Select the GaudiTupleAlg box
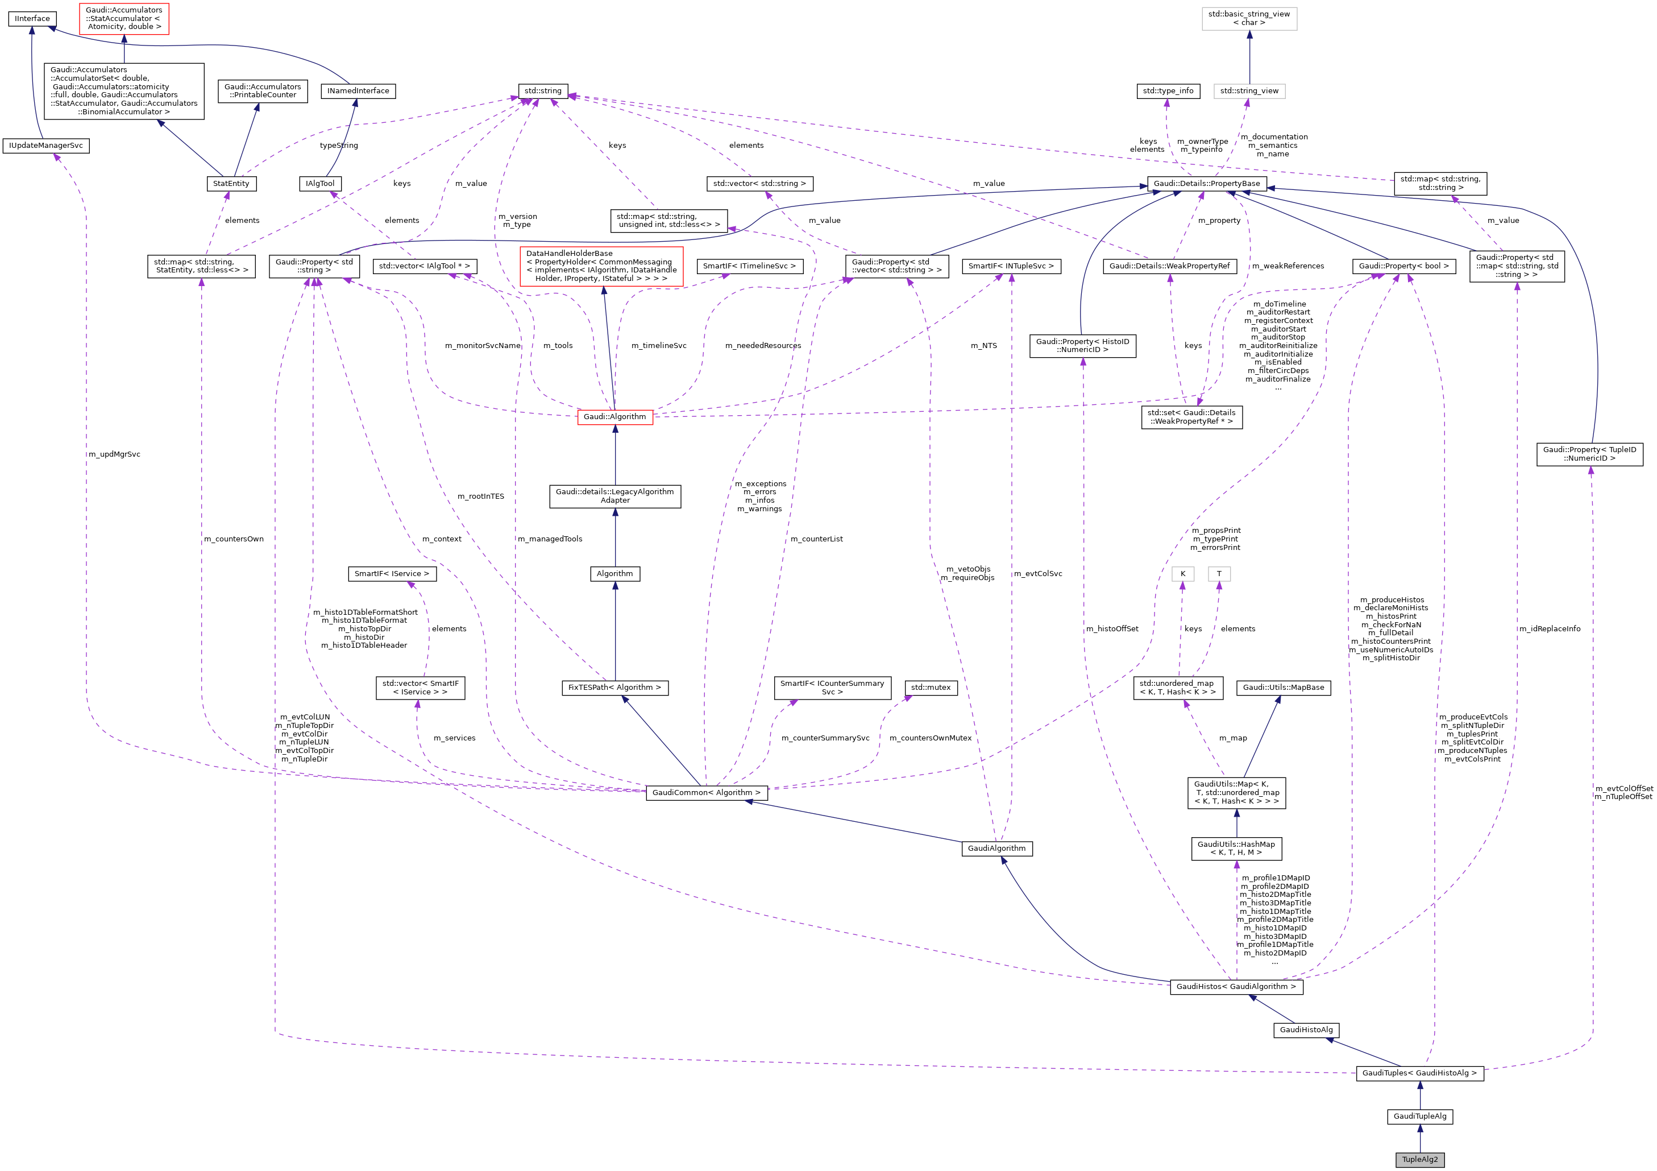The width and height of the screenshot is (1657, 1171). [x=1419, y=1116]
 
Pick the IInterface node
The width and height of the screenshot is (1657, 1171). [x=32, y=19]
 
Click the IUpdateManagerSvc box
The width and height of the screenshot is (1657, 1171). [x=45, y=146]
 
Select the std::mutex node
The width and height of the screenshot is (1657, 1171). [x=931, y=687]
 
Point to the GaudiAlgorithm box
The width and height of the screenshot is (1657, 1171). [x=996, y=849]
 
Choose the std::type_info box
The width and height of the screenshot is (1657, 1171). [x=1168, y=91]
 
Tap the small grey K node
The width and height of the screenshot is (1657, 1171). [x=1182, y=574]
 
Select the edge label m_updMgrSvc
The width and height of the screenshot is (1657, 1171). [x=114, y=454]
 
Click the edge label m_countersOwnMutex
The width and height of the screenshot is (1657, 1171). [x=931, y=738]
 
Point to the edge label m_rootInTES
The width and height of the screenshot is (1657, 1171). [x=481, y=496]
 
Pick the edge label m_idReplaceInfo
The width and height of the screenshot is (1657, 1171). [x=1549, y=629]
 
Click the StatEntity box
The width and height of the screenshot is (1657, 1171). [x=231, y=183]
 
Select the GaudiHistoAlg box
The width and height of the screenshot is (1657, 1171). [x=1306, y=1029]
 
